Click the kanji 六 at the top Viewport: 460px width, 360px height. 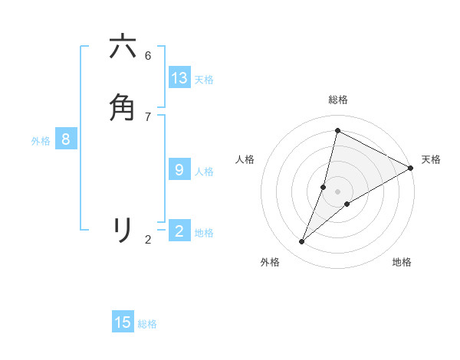coord(123,47)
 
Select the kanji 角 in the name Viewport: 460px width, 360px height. coord(123,108)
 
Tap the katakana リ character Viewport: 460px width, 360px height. coord(123,231)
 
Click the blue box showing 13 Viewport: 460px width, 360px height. coord(179,77)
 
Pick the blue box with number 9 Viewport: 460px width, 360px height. coord(179,169)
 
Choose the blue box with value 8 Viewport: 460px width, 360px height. coord(66,139)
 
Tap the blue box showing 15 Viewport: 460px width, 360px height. coord(123,322)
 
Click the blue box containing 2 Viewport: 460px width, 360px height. coord(179,231)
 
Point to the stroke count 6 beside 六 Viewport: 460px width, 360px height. coord(148,55)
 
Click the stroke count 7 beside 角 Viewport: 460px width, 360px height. coord(148,116)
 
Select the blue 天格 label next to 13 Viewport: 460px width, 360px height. coord(204,80)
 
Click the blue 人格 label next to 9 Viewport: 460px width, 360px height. coord(204,172)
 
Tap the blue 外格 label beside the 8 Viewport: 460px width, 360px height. coord(41,141)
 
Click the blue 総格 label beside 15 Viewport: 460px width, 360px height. coord(147,324)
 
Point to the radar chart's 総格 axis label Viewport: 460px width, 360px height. coord(338,100)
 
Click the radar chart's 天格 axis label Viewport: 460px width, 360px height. coord(431,159)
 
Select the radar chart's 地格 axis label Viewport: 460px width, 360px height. coord(402,262)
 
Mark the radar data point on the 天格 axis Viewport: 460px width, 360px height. coord(411,168)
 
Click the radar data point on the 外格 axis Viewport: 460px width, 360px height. coord(302,242)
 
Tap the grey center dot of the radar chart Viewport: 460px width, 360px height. coord(338,191)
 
